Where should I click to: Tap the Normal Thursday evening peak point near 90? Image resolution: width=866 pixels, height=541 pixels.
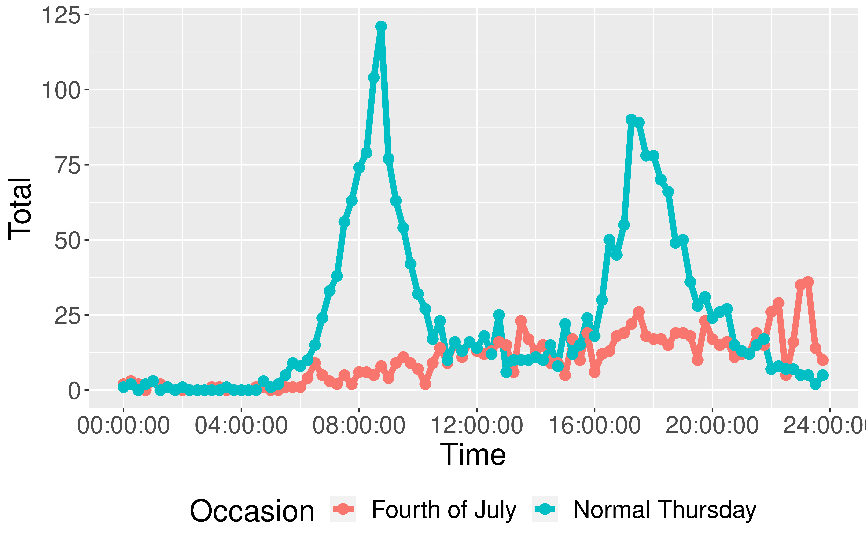(x=631, y=119)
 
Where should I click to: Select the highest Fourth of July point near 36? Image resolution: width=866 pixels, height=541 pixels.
(x=808, y=282)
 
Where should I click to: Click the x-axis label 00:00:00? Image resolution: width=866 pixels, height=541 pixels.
(x=123, y=426)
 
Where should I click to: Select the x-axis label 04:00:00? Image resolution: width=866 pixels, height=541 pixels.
(x=241, y=426)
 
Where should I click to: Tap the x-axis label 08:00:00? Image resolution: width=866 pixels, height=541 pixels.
(x=359, y=426)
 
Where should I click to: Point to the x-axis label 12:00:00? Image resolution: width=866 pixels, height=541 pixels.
(x=477, y=426)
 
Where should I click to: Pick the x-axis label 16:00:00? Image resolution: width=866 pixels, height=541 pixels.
(x=594, y=426)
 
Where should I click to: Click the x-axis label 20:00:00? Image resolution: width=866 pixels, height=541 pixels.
(x=712, y=426)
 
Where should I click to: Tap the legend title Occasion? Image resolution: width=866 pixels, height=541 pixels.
(x=252, y=511)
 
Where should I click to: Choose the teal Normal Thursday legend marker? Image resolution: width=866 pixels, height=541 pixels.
(x=545, y=509)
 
